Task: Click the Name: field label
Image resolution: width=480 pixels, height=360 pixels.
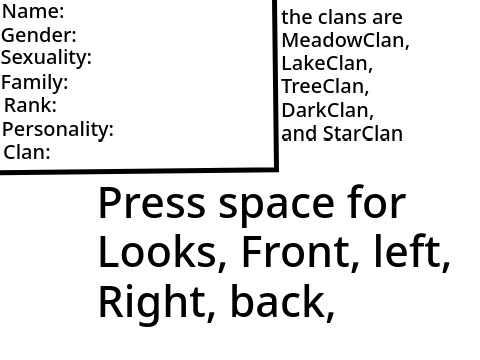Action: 33,11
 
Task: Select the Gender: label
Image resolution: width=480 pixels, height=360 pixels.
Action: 39,35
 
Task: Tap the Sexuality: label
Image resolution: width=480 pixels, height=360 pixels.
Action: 46,58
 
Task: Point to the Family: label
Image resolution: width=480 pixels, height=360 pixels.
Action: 35,82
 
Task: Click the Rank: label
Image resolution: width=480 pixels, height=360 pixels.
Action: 30,105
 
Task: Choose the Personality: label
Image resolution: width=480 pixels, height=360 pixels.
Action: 58,130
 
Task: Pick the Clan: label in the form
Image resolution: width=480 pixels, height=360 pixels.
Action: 27,152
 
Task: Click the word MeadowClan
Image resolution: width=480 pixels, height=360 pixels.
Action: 343,40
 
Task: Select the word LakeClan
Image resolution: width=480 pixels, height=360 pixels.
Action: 325,63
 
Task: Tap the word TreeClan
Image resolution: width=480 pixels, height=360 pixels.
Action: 323,86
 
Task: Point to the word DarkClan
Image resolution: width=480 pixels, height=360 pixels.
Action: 326,110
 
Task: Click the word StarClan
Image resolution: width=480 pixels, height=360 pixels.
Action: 363,134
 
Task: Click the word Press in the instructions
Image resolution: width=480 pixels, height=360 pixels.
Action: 152,203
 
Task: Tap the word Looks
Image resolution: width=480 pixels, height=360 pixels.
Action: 158,251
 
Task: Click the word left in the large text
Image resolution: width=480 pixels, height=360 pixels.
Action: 408,251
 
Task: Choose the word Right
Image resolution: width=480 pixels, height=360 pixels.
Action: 152,302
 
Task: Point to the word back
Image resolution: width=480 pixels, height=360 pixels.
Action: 277,300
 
